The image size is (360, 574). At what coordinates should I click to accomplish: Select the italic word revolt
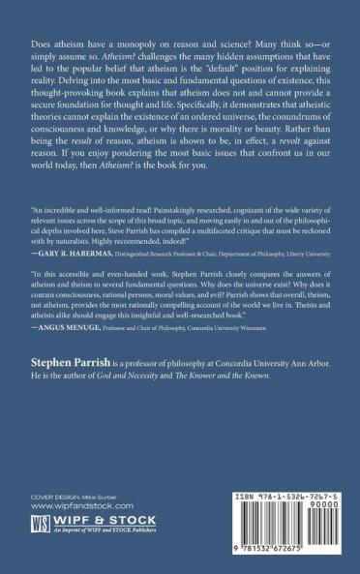[272, 171]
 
